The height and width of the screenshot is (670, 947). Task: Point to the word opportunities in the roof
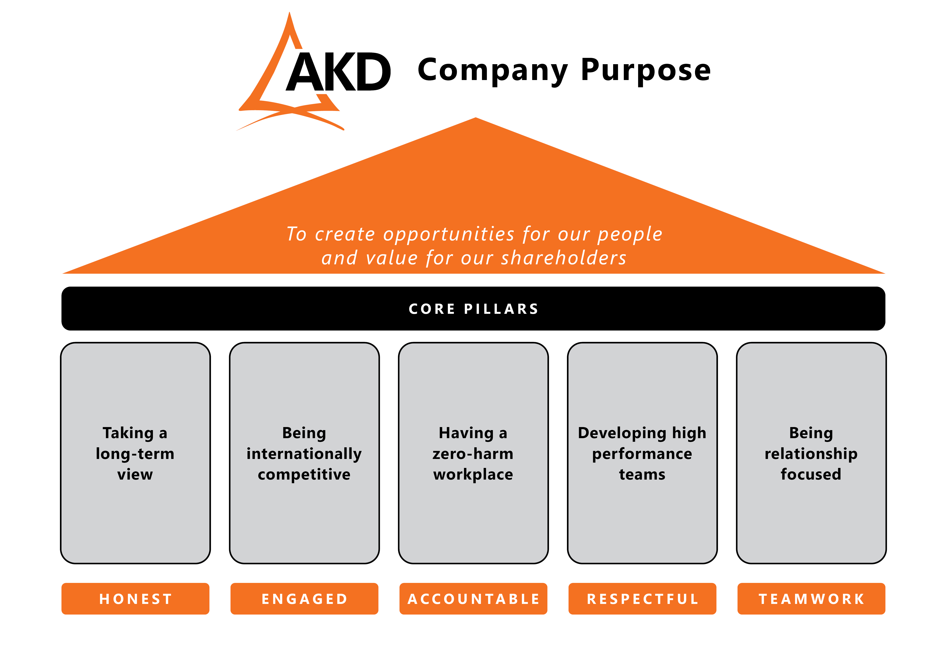tap(449, 234)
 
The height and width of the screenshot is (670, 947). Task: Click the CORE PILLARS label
tap(473, 309)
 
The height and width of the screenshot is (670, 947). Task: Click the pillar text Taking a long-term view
tap(135, 453)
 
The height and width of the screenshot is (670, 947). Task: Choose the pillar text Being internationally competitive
tap(304, 453)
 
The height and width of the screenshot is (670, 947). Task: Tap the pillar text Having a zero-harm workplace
tap(473, 453)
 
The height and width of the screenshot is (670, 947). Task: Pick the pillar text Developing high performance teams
tap(642, 453)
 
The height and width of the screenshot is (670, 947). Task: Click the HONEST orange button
tap(135, 599)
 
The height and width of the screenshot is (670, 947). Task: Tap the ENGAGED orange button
tap(304, 599)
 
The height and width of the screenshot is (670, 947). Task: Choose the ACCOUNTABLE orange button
tap(473, 599)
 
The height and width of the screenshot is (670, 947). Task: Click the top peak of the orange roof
tap(476, 118)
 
